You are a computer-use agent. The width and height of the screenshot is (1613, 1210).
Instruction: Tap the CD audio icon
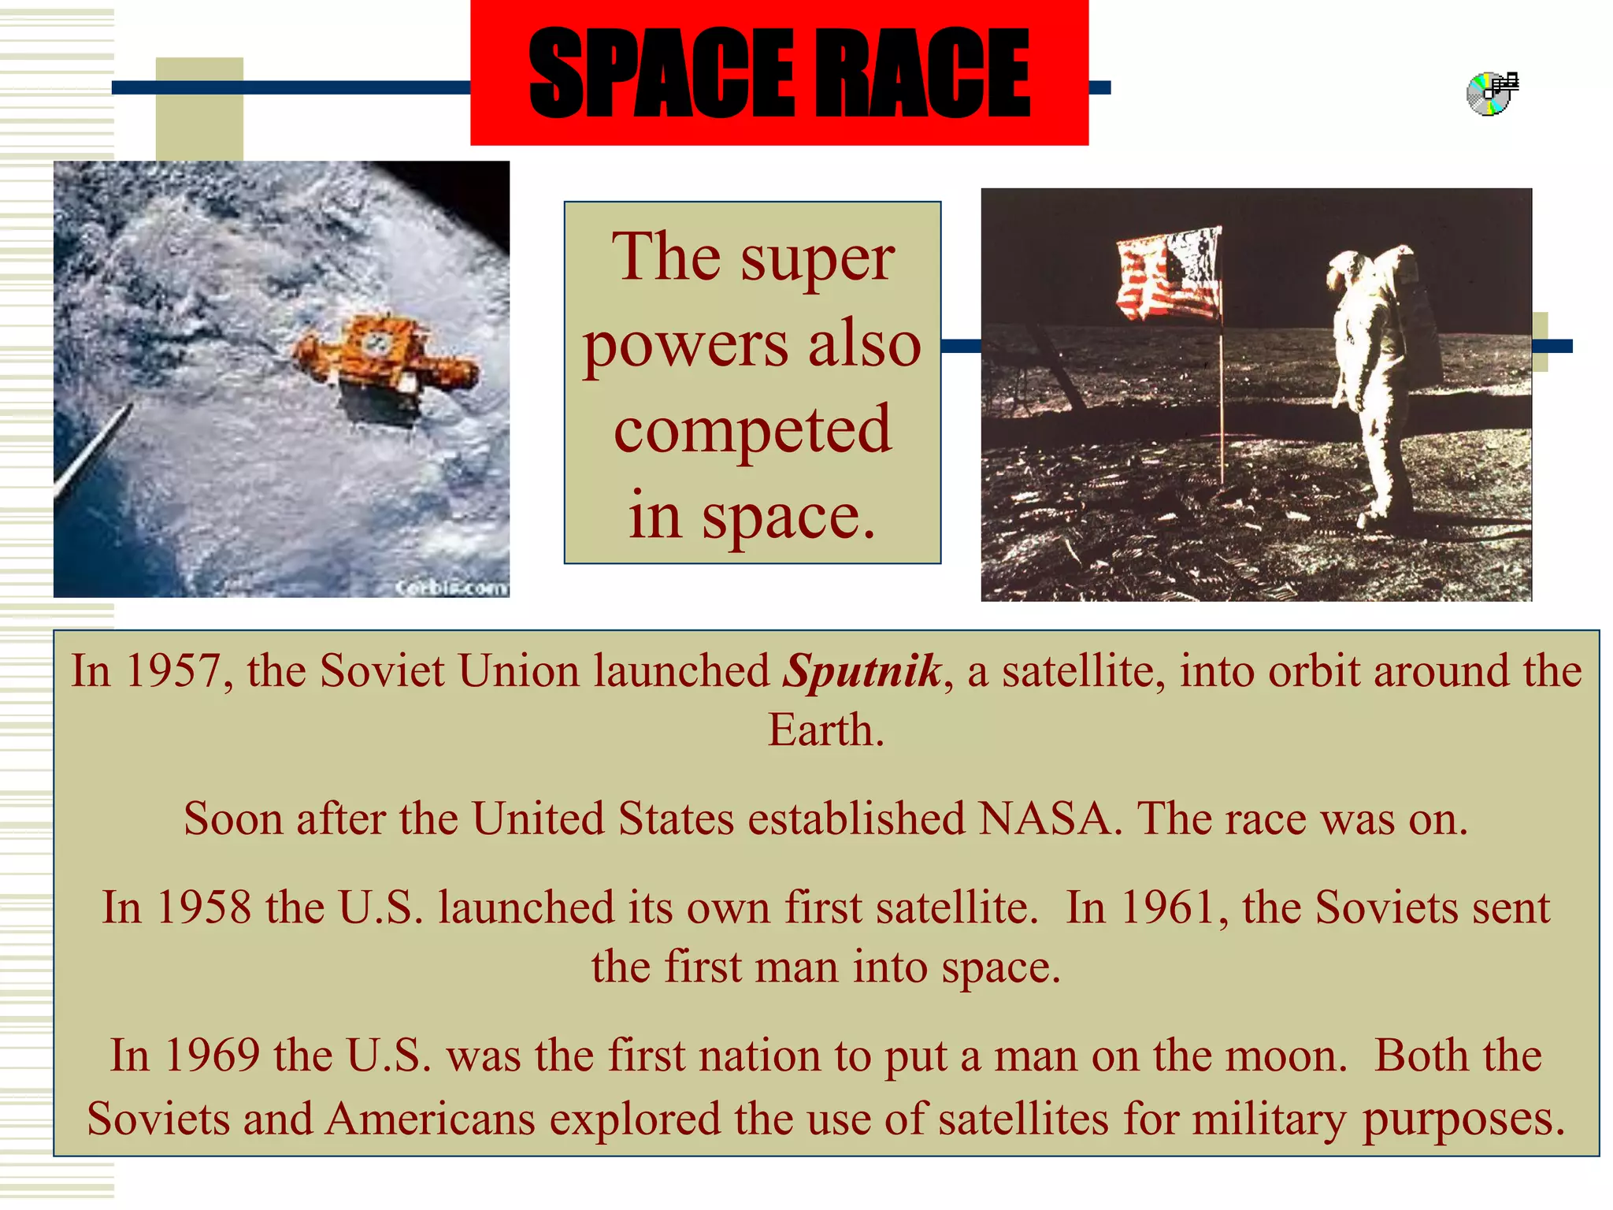(x=1491, y=94)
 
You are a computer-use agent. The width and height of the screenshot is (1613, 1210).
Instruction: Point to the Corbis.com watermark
(x=452, y=588)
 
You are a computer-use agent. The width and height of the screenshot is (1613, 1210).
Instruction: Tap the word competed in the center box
(x=752, y=429)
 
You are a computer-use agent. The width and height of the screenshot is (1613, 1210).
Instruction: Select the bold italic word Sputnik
(x=862, y=671)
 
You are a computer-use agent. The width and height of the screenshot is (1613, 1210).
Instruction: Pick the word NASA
(x=1045, y=818)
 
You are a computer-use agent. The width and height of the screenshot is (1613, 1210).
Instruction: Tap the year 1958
(x=204, y=907)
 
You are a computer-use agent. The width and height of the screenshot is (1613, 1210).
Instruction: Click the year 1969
(x=212, y=1056)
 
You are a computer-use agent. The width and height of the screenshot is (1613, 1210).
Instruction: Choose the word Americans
(x=430, y=1119)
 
